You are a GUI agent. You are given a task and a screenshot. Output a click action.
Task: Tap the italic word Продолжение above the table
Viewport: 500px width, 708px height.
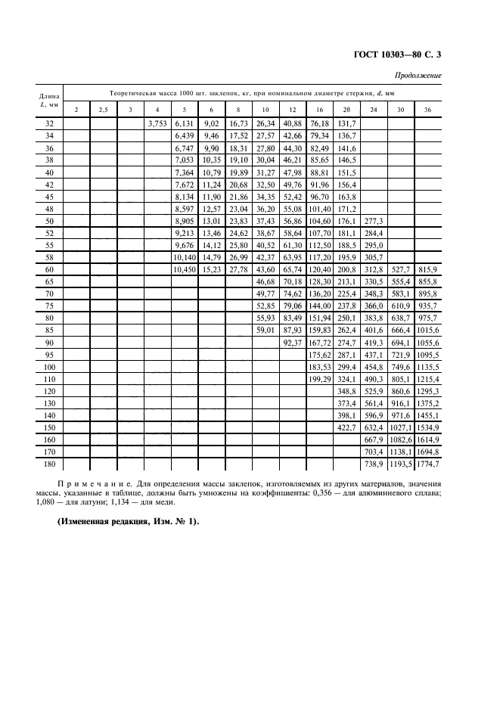pyautogui.click(x=419, y=76)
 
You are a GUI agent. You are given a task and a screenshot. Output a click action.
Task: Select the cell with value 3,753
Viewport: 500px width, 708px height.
pyautogui.click(x=157, y=123)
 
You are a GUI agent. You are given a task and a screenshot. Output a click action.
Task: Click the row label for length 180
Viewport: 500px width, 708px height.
pyautogui.click(x=50, y=462)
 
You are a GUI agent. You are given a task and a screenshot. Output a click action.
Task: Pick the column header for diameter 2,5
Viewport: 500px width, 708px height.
pyautogui.click(x=103, y=110)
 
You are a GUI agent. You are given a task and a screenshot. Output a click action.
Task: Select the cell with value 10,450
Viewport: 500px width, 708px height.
pyautogui.click(x=184, y=269)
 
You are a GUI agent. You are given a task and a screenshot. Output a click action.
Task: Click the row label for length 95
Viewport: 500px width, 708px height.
pyautogui.click(x=50, y=353)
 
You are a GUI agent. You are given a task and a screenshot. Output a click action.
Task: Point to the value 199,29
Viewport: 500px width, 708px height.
pyautogui.click(x=319, y=377)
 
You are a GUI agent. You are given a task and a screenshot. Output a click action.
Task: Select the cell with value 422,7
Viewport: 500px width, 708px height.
pyautogui.click(x=346, y=426)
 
